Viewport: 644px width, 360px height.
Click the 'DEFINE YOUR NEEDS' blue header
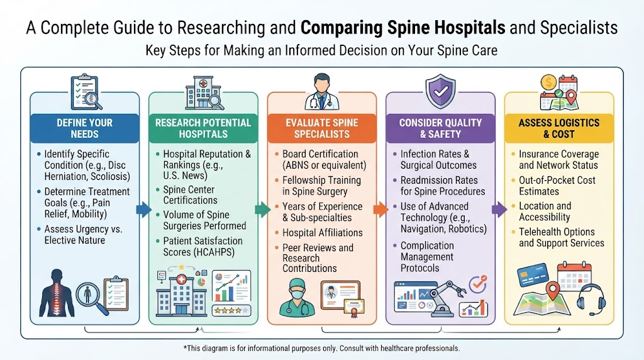pyautogui.click(x=85, y=128)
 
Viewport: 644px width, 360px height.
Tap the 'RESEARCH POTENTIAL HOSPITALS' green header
pyautogui.click(x=203, y=128)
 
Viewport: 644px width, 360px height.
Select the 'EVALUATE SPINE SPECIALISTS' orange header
pyautogui.click(x=322, y=128)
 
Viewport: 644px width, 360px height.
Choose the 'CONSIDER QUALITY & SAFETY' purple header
pyautogui.click(x=440, y=128)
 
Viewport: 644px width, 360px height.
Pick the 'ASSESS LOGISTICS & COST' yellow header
pyautogui.click(x=559, y=128)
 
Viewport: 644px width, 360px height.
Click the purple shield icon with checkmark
pyautogui.click(x=441, y=91)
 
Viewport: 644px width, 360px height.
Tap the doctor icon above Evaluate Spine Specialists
pyautogui.click(x=321, y=91)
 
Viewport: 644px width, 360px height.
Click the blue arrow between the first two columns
pyautogui.click(x=144, y=209)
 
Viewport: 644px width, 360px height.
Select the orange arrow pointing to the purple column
pyautogui.click(x=380, y=209)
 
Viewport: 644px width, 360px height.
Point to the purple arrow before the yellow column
pyautogui.click(x=499, y=209)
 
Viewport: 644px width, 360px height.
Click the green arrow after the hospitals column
pyautogui.click(x=263, y=209)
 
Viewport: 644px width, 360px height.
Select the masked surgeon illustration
pyautogui.click(x=297, y=298)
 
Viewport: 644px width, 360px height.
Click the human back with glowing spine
pyautogui.click(x=57, y=293)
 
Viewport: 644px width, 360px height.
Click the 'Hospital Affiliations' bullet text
pyautogui.click(x=323, y=233)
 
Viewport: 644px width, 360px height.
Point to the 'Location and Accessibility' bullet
pyautogui.click(x=545, y=211)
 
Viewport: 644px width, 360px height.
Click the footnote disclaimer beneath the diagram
pyautogui.click(x=321, y=349)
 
